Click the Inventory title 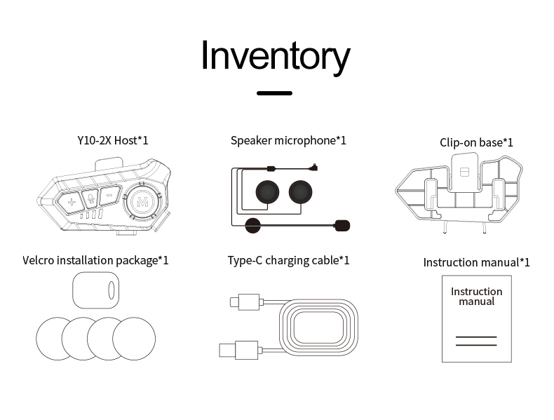(x=275, y=56)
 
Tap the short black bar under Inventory (x=274, y=93)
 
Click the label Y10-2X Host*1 (x=113, y=140)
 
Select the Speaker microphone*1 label (x=288, y=140)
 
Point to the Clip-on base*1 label (x=476, y=142)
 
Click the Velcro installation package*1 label (x=95, y=261)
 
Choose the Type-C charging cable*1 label (x=288, y=261)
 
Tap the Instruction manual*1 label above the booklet (x=476, y=262)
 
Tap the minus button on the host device (x=109, y=198)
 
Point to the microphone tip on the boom (x=342, y=225)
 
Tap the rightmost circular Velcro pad (x=135, y=338)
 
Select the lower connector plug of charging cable (x=236, y=348)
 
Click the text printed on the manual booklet (x=476, y=297)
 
